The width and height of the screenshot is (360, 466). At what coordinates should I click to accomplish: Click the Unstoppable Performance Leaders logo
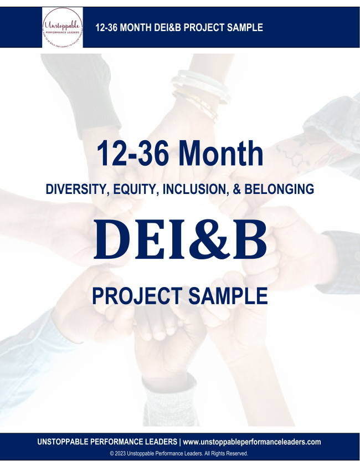(63, 28)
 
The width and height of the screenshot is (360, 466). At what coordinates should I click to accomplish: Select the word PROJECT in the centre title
(137, 295)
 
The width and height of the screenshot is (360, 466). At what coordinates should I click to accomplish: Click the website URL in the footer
(252, 442)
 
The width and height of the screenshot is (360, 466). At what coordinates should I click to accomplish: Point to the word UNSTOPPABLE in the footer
(68, 442)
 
